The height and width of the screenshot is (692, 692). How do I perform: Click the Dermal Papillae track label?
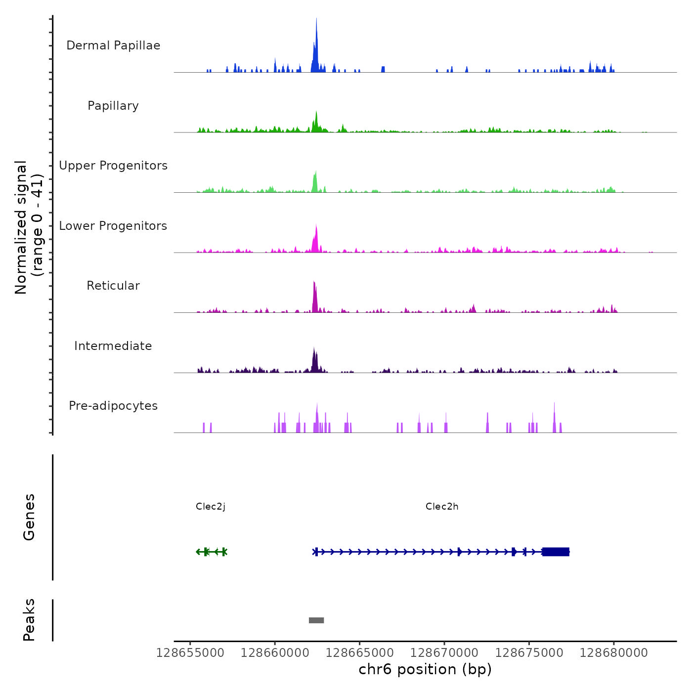point(113,45)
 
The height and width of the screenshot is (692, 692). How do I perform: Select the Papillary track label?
point(113,106)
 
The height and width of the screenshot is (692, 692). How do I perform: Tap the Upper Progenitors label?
point(113,166)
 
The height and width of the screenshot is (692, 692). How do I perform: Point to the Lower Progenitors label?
point(113,226)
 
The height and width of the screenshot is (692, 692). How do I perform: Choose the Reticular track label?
point(113,286)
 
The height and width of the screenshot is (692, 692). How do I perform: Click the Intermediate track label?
point(113,346)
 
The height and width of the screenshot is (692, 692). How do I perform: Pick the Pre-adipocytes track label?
point(113,406)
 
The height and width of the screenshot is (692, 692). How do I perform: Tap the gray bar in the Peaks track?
point(316,620)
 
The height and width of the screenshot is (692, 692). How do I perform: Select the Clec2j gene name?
point(211,507)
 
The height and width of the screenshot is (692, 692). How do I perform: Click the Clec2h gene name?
point(442,507)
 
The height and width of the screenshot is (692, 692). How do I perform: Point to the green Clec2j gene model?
point(212,552)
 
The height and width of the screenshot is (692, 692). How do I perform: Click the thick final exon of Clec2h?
point(556,552)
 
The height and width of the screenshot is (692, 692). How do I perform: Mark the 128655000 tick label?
point(190,653)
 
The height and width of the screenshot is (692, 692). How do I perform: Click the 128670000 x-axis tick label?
point(444,653)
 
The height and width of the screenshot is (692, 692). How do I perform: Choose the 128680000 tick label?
point(614,653)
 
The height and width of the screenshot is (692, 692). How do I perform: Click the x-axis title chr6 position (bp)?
point(425,670)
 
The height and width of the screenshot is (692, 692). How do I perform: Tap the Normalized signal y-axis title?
point(29,227)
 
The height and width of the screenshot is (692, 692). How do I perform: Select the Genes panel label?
point(29,517)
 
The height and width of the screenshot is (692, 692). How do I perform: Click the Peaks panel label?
point(29,620)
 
